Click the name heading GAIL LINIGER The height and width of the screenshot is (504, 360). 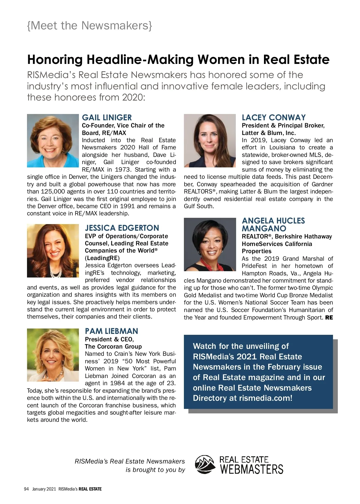click(x=107, y=118)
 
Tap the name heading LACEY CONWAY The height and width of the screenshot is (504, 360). click(x=274, y=118)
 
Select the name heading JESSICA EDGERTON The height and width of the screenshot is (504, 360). click(x=122, y=228)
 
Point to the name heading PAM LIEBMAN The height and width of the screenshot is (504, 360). click(x=111, y=331)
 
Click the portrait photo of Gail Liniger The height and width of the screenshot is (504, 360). click(x=53, y=141)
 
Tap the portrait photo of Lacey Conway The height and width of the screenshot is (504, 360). click(x=210, y=141)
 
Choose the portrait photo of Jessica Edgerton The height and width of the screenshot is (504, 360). click(x=53, y=251)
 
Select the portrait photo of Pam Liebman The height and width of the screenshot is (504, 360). click(x=53, y=355)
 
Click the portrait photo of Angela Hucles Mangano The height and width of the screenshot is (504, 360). click(x=210, y=244)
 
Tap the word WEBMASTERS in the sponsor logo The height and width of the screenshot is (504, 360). click(x=252, y=469)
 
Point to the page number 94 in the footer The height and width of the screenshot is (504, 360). click(x=26, y=489)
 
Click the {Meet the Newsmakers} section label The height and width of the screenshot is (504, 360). click(x=89, y=25)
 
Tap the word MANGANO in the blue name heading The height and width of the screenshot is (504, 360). click(x=264, y=229)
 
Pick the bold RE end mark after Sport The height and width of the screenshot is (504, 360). click(x=329, y=317)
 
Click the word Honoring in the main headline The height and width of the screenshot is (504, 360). click(x=55, y=59)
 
